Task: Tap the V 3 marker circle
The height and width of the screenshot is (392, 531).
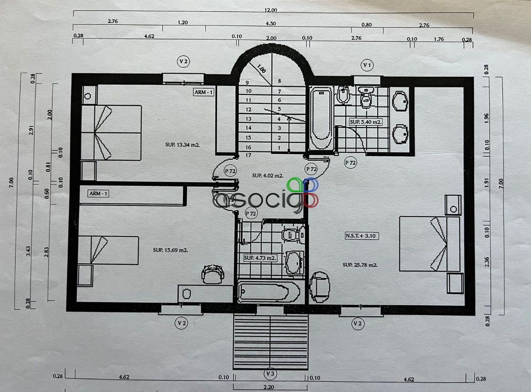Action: tap(270, 373)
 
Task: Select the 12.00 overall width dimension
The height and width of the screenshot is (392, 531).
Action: tap(271, 10)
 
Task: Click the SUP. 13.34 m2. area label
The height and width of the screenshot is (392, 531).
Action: tap(182, 144)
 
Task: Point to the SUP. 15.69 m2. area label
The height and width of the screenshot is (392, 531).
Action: tap(171, 250)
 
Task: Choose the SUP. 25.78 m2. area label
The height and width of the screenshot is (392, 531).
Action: tap(360, 265)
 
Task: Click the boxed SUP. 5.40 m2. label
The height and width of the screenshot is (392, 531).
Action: tap(366, 122)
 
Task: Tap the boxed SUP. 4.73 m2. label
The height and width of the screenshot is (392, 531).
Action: tap(260, 258)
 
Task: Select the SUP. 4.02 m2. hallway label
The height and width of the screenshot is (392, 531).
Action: tap(268, 176)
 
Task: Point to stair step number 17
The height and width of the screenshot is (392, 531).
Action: tap(248, 155)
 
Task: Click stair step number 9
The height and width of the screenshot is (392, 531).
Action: tap(247, 83)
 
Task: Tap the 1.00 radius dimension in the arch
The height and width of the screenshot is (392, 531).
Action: tap(261, 69)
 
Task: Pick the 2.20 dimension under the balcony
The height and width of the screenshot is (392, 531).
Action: tap(269, 387)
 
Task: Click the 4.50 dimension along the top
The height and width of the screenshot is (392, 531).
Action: tap(271, 23)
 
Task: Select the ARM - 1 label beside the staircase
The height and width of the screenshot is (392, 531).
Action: tap(204, 92)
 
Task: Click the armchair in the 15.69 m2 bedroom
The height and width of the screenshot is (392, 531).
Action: tap(213, 274)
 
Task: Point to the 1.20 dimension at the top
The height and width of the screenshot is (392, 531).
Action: tap(183, 23)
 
